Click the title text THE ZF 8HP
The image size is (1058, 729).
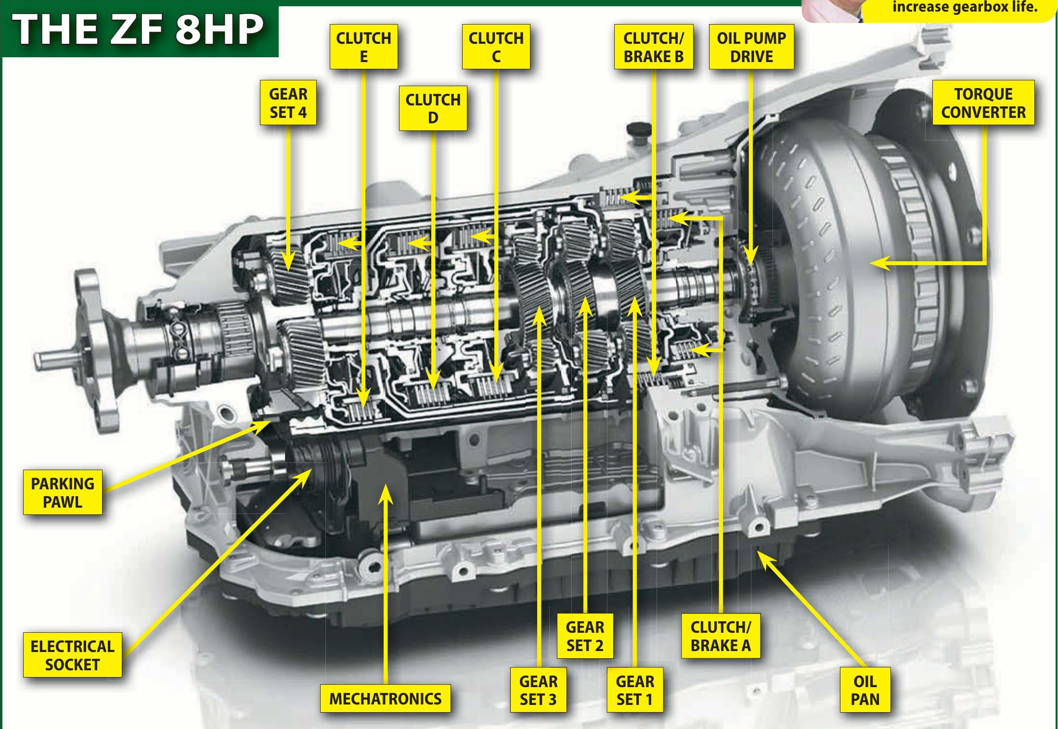point(139,30)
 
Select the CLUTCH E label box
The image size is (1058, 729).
point(363,47)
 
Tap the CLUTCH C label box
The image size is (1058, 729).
point(496,47)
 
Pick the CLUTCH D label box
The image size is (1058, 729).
point(433,108)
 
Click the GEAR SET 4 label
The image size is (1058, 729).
point(288,102)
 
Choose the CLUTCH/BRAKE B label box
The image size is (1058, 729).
point(653,47)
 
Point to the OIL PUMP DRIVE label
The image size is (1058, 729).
point(751,47)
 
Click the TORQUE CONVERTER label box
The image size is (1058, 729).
point(983,102)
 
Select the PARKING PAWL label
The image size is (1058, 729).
point(63,492)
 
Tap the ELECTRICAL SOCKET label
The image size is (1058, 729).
point(72,655)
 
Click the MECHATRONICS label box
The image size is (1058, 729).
point(385,698)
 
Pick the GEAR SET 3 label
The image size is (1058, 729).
point(538,690)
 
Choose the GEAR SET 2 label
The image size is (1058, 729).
point(585,636)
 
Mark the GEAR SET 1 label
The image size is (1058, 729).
point(634,690)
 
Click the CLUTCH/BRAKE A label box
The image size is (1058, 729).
point(721,636)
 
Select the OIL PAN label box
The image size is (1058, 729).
point(864,690)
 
